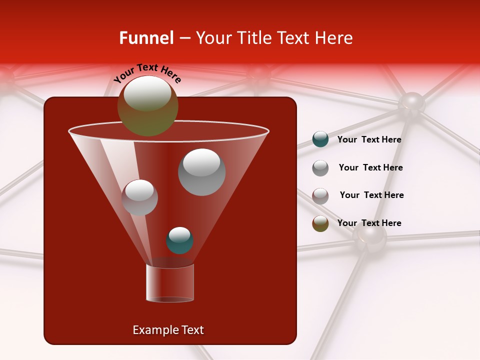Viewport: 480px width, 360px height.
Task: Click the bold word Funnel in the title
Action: click(x=146, y=38)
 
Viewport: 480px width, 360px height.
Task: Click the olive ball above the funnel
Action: click(x=147, y=105)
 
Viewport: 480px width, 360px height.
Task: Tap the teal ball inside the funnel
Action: click(x=179, y=240)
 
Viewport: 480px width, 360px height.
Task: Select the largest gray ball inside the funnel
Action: click(x=201, y=172)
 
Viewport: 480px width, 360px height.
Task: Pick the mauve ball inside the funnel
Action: click(x=139, y=197)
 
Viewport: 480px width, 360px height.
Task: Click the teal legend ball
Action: click(x=320, y=139)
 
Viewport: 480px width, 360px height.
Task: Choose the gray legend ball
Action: click(x=320, y=167)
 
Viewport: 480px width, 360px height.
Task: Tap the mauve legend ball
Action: click(x=320, y=195)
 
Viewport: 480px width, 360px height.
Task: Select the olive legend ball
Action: click(x=320, y=223)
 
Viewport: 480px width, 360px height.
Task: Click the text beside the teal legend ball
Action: click(x=369, y=139)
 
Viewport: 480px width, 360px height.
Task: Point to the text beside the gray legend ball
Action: click(x=370, y=167)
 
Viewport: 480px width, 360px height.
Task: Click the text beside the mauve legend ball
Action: click(x=371, y=195)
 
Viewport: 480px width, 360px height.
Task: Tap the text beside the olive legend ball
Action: click(x=369, y=223)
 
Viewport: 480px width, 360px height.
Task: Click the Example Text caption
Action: click(x=168, y=330)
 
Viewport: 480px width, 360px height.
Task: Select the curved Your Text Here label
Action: click(x=147, y=73)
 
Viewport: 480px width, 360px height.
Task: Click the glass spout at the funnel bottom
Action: click(x=169, y=283)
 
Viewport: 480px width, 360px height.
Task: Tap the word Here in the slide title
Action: click(x=334, y=38)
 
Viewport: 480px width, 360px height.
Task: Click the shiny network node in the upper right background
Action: click(x=411, y=103)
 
